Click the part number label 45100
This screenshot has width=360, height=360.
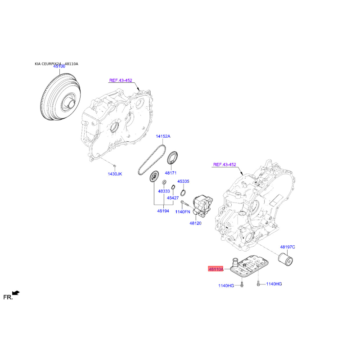point(59,67)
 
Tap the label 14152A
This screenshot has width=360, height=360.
point(163,136)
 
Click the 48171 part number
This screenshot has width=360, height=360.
point(171,173)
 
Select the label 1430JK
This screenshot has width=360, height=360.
point(115,174)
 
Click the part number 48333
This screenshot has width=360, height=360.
point(164,191)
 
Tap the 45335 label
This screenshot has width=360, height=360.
point(183,181)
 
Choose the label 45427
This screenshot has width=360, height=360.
point(173,198)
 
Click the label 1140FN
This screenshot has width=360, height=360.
point(183,211)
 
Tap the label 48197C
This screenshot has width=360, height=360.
point(287,247)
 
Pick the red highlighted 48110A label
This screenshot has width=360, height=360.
point(216,269)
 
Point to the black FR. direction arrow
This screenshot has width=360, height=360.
point(16,293)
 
